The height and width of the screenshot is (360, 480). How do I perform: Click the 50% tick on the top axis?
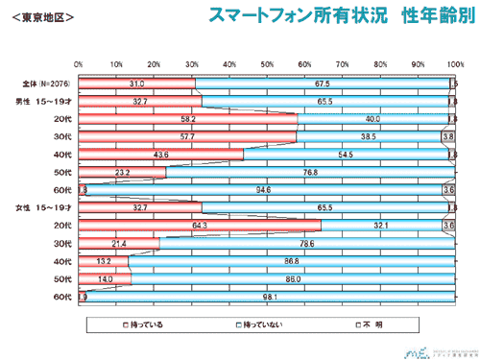(267, 64)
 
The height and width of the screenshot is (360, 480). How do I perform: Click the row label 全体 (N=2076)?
(44, 84)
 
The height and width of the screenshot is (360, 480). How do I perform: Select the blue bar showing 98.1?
(269, 297)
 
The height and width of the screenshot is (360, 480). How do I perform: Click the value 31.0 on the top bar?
(136, 84)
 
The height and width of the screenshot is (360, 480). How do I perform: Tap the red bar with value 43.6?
(160, 155)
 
